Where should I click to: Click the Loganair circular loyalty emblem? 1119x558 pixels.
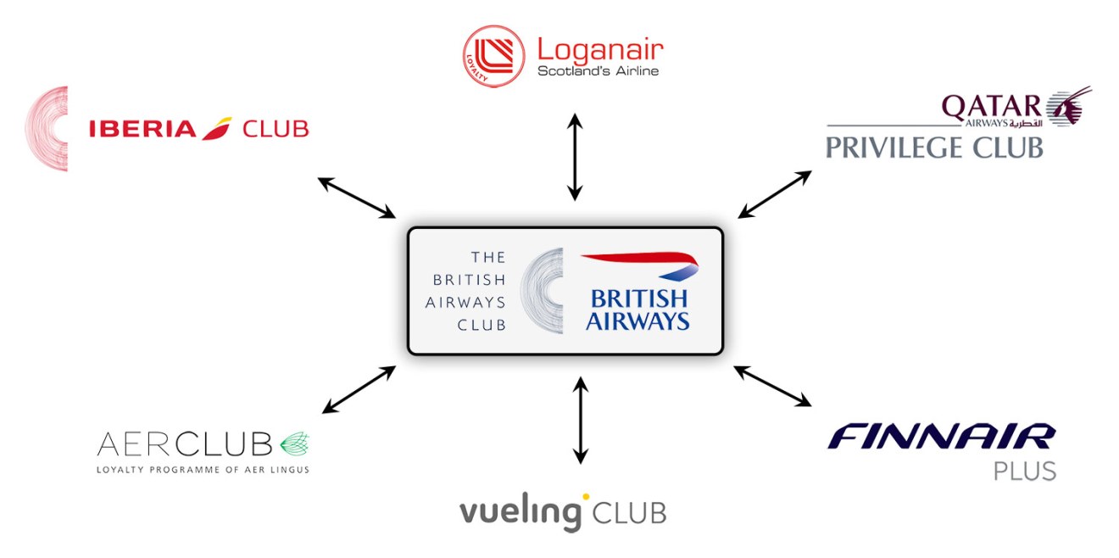point(494,56)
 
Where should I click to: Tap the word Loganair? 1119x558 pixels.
point(600,49)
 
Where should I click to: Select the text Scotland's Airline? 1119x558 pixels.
point(598,71)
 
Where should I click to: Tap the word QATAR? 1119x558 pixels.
point(991,106)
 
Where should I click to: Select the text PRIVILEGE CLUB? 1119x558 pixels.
point(934,148)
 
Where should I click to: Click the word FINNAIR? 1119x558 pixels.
point(941,438)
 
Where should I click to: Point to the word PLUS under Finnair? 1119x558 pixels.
point(1025,471)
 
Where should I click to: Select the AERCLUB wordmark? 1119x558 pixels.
point(185,444)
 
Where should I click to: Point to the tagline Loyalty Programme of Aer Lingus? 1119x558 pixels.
point(203,469)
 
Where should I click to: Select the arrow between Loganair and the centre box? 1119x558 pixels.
point(575,157)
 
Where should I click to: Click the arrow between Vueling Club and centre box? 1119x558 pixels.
point(580,420)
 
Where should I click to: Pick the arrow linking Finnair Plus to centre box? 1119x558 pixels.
point(772,386)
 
